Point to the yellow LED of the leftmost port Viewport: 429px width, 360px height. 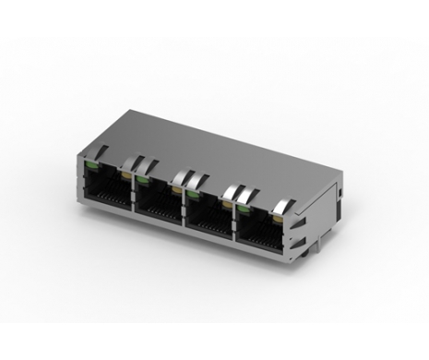tap(124, 173)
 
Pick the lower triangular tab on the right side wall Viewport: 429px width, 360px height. tap(305, 238)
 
